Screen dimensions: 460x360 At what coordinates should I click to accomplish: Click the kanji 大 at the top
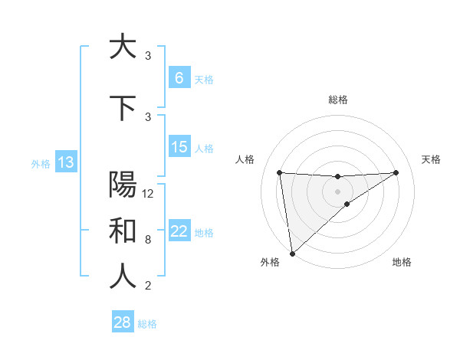click(x=123, y=47)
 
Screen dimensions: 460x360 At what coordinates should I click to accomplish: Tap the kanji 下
click(x=123, y=108)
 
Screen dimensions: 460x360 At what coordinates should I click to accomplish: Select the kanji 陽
click(x=123, y=185)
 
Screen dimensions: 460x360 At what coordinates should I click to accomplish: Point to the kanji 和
click(x=123, y=231)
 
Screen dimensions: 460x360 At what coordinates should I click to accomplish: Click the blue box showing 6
click(x=179, y=78)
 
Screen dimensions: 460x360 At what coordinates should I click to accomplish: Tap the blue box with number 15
click(x=179, y=147)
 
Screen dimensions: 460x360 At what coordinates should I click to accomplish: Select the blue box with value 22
click(x=179, y=231)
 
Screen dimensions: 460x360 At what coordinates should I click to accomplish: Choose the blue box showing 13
click(x=66, y=162)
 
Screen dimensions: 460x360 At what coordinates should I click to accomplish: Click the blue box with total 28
click(x=123, y=322)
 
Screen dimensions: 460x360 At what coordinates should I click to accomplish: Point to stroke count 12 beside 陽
click(x=149, y=194)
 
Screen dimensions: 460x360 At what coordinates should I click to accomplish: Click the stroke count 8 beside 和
click(x=148, y=240)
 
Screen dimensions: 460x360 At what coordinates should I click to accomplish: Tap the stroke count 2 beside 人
click(x=148, y=286)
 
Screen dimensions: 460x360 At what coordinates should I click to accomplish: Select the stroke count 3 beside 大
click(x=148, y=56)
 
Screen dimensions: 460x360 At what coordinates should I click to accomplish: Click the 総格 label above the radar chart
click(x=337, y=100)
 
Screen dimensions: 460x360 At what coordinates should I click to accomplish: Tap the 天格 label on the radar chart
click(x=431, y=159)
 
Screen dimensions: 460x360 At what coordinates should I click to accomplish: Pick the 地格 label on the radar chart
click(x=402, y=262)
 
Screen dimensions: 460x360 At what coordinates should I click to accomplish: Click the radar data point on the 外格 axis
click(x=292, y=253)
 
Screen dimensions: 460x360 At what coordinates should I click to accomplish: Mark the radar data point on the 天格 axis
click(x=396, y=172)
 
